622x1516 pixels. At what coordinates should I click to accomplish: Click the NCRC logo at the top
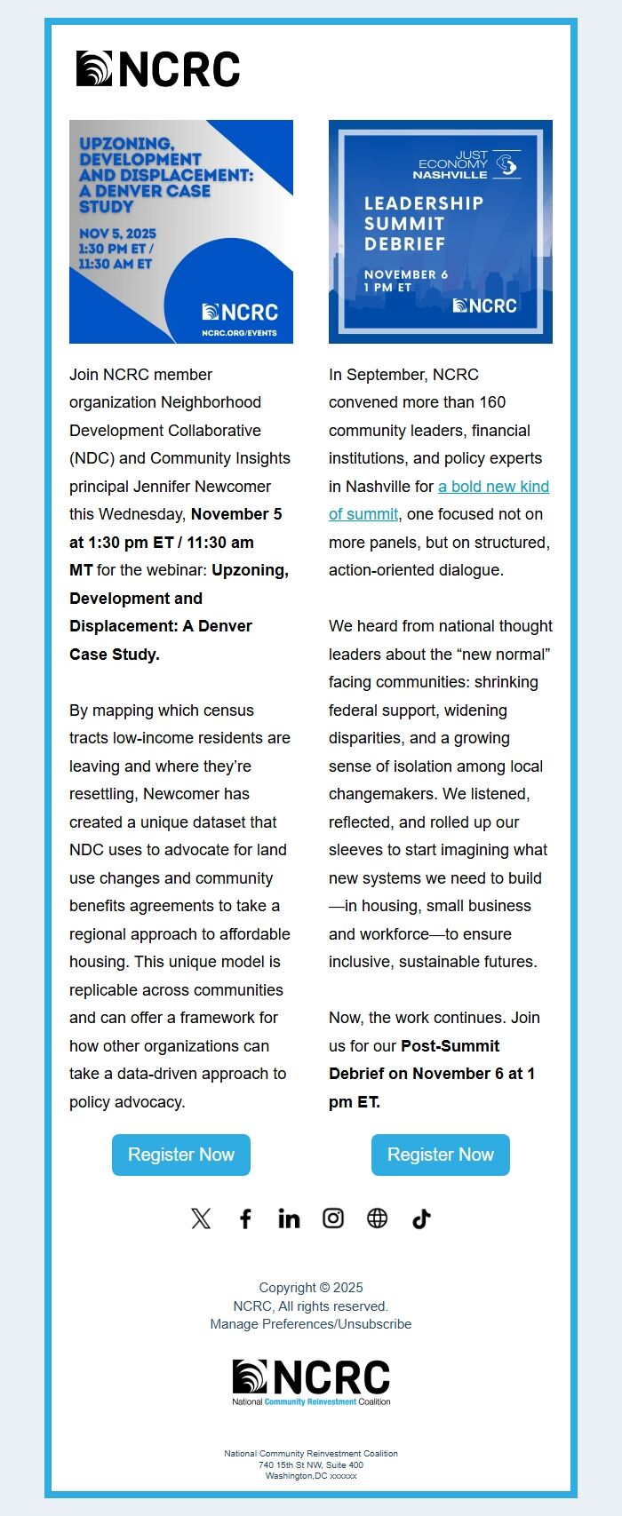(158, 69)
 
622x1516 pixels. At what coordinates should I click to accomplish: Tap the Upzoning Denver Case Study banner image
(181, 232)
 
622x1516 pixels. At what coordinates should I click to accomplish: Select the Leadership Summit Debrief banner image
(441, 232)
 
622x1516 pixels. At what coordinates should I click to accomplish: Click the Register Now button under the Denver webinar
(181, 1155)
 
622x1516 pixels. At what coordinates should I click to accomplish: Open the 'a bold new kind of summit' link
(493, 487)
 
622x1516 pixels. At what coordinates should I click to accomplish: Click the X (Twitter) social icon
(201, 1218)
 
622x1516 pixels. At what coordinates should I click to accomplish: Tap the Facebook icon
(245, 1218)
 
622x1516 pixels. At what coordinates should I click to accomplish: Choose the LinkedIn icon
(289, 1218)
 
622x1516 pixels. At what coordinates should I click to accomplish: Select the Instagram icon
(333, 1218)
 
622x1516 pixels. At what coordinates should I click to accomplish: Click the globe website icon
(378, 1218)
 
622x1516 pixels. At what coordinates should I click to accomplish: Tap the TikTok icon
(421, 1218)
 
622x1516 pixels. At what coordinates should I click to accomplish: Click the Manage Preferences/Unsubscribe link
(311, 1324)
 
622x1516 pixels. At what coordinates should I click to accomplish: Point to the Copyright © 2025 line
(311, 1288)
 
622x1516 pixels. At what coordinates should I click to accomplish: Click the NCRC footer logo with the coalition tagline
(311, 1382)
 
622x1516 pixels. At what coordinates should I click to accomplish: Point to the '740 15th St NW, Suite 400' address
(311, 1465)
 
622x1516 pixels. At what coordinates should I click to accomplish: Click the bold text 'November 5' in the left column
(236, 514)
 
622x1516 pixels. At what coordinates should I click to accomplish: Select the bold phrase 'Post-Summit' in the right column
(450, 1046)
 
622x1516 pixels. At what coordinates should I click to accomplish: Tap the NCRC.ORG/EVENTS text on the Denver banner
(239, 333)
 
